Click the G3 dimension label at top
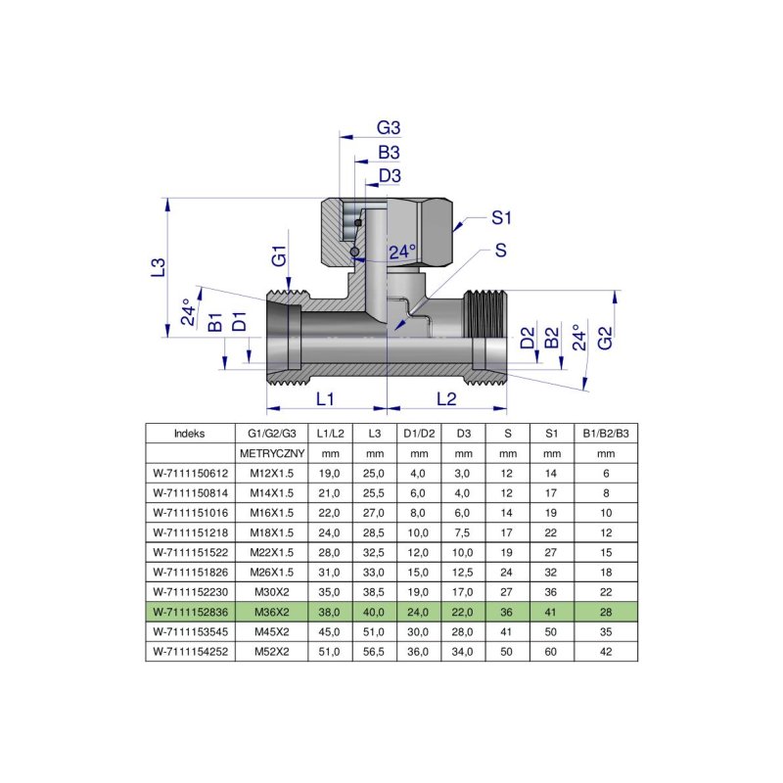390,128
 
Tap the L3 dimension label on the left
158,266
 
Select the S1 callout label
502,216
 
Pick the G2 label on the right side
606,338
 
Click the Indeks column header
190,434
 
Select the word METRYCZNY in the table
273,454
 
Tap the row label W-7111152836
190,612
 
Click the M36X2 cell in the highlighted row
273,612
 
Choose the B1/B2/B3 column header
606,434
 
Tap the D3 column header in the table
463,434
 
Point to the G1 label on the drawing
279,259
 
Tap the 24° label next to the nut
401,253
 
